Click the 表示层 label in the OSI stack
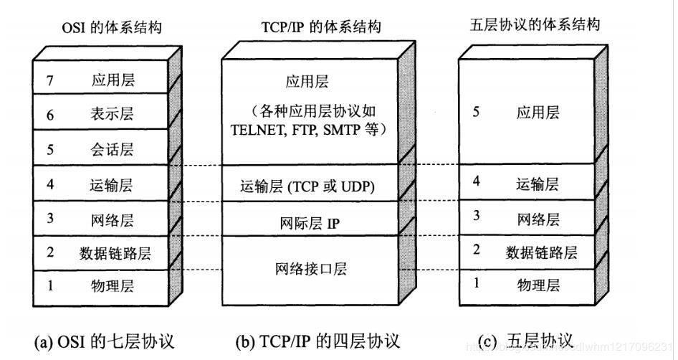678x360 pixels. [113, 114]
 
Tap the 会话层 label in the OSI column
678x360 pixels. [113, 150]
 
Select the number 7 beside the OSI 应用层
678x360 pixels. [50, 80]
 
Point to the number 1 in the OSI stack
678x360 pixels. [50, 286]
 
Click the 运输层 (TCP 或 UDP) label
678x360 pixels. [307, 188]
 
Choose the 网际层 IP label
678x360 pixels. [310, 223]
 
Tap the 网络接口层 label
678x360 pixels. [310, 269]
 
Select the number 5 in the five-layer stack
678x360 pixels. [476, 113]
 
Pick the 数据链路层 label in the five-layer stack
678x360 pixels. [541, 252]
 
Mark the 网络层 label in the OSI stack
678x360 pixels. [113, 218]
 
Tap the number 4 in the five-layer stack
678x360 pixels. [476, 181]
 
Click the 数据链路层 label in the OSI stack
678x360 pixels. [115, 252]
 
